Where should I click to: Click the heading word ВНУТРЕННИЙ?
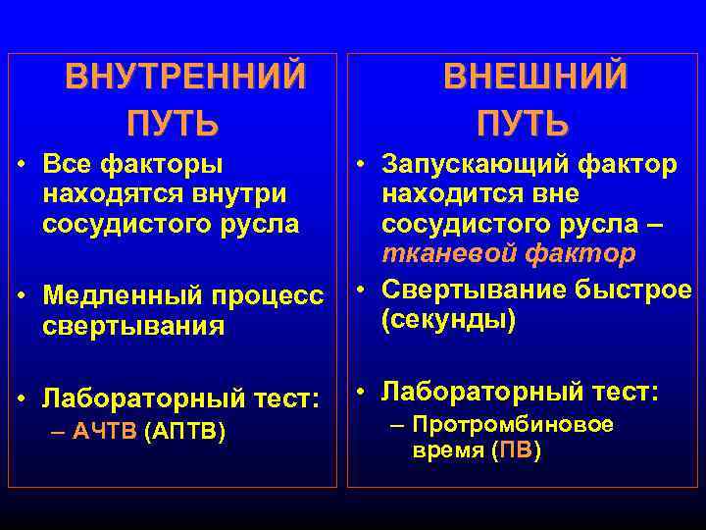click(x=185, y=77)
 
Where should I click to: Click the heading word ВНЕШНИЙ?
click(x=535, y=77)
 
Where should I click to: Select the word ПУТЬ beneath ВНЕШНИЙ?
click(x=523, y=125)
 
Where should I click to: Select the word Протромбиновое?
click(x=513, y=425)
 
